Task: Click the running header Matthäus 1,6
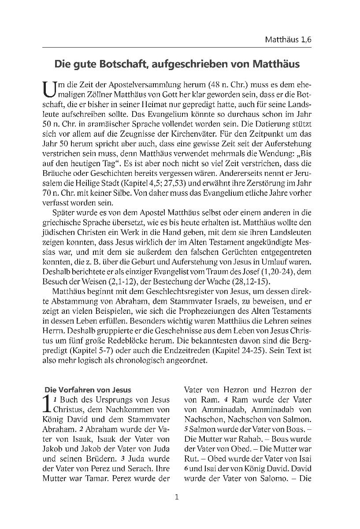(288, 40)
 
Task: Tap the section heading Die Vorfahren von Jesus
(88, 389)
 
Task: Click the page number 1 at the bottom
(177, 498)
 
